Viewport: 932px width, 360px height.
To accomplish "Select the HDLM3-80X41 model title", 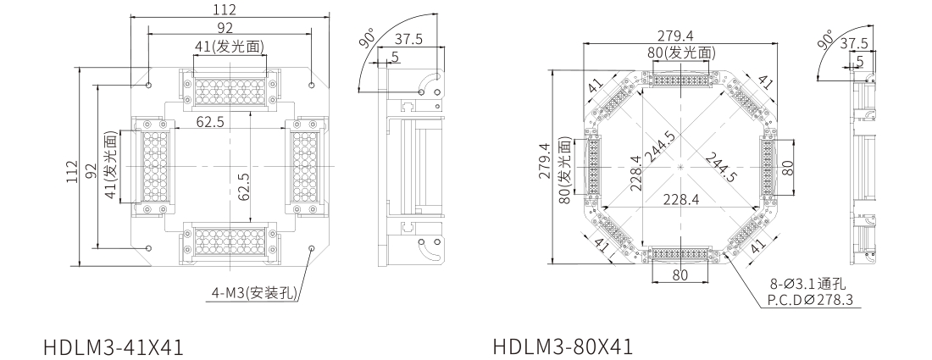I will [x=563, y=346].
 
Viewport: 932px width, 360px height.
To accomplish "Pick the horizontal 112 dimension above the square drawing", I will [x=225, y=9].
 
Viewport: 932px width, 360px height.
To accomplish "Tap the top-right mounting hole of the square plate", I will [x=312, y=85].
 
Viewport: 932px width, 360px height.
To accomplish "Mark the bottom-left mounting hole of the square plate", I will [x=148, y=247].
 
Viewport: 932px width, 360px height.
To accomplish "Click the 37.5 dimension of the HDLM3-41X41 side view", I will [x=408, y=40].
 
